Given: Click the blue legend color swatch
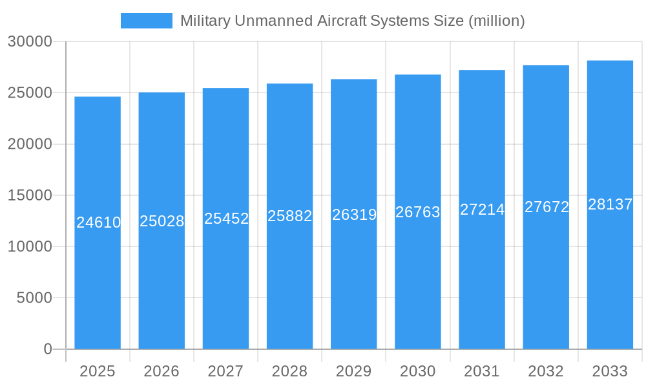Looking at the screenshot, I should (x=147, y=21).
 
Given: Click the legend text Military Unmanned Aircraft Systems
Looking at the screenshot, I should (x=352, y=21).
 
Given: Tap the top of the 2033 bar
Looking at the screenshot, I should (x=610, y=61).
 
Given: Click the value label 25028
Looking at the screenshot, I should (x=162, y=221).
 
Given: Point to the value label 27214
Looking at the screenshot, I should (x=482, y=210).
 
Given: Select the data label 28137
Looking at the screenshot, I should (x=610, y=204).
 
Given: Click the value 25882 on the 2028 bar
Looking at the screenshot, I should (x=290, y=216).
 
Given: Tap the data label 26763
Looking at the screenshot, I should (x=418, y=212).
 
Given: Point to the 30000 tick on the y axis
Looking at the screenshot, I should (x=30, y=41).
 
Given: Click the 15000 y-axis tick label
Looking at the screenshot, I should (x=30, y=195).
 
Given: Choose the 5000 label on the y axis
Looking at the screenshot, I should (x=34, y=298).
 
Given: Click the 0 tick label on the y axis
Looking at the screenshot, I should (x=48, y=349).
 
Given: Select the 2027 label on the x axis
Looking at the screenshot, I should (x=225, y=371).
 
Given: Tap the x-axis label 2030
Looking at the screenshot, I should (x=418, y=371).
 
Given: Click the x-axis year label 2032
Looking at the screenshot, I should (x=546, y=371).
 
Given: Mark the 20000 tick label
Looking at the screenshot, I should (x=30, y=144).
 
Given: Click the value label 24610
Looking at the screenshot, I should (x=98, y=222).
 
